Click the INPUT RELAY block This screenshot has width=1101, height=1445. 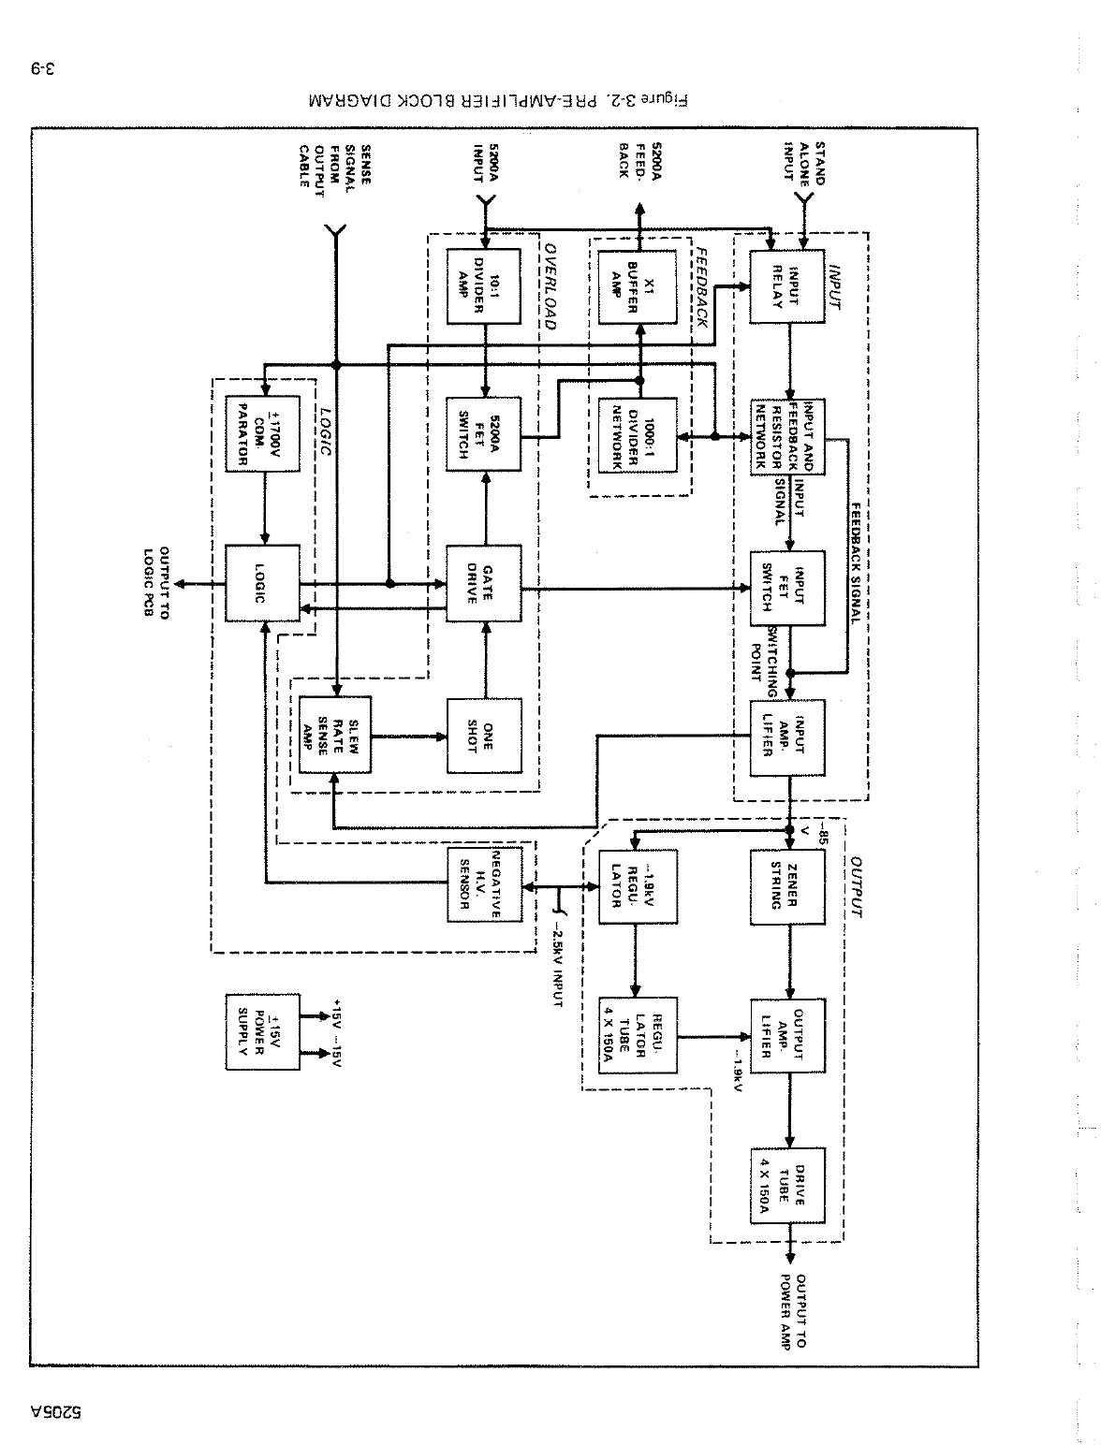tap(787, 286)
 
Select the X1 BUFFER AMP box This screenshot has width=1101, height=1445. tap(637, 286)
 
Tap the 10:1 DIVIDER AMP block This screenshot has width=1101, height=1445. tap(484, 286)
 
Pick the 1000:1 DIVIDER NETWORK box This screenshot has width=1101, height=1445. tap(637, 435)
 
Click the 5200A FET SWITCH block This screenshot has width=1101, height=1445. tap(484, 435)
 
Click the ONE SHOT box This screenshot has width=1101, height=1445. tap(484, 735)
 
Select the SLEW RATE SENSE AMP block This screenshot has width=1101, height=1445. tap(335, 735)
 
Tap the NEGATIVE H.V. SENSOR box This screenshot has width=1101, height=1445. tap(484, 883)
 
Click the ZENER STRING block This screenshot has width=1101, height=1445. tap(787, 884)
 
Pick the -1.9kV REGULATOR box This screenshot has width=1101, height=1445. tap(637, 884)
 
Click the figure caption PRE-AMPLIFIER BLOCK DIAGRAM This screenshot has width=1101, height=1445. tap(495, 100)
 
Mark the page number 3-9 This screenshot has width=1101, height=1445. tap(46, 68)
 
